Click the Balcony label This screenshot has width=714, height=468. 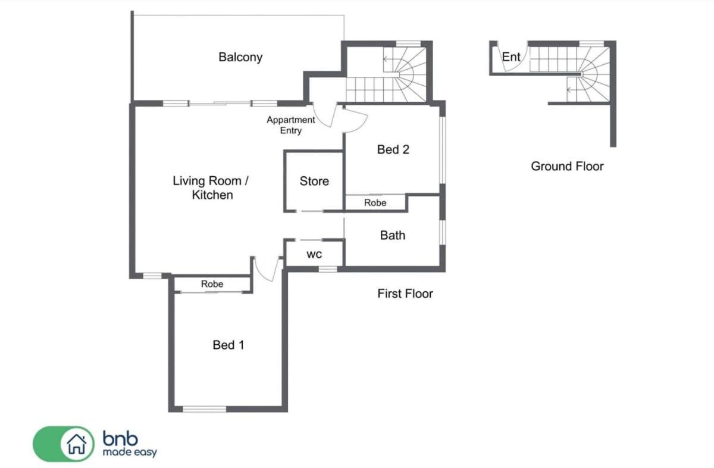click(x=240, y=57)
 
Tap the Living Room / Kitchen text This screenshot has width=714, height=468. click(x=211, y=188)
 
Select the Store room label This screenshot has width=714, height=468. click(x=314, y=181)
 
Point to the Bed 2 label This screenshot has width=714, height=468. click(x=393, y=149)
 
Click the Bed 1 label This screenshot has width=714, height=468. click(x=228, y=345)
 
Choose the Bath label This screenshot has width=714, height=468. click(x=393, y=235)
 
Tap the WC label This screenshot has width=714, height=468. click(x=314, y=255)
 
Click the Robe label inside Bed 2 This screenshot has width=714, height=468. click(x=375, y=202)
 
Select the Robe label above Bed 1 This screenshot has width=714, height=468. click(x=212, y=284)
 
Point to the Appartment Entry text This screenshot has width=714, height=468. click(x=291, y=125)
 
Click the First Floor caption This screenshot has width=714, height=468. click(x=405, y=294)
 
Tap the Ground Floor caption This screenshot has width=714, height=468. click(x=567, y=166)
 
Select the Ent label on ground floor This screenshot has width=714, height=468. click(x=511, y=57)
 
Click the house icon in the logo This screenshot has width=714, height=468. click(x=77, y=444)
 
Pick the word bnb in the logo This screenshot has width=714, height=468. click(x=120, y=439)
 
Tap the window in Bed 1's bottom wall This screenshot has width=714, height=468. click(x=204, y=409)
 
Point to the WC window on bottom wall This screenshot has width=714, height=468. click(x=328, y=269)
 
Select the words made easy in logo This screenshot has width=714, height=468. click(x=130, y=453)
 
